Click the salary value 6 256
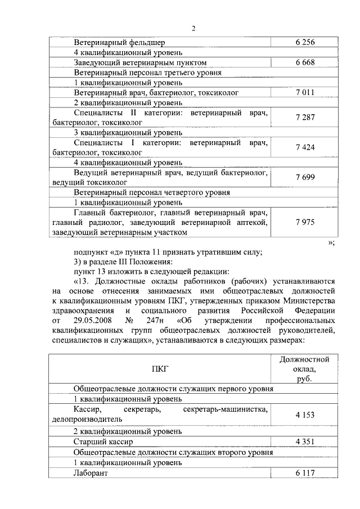pos(304,42)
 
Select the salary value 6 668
pos(304,62)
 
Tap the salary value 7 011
pos(304,92)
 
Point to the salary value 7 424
pos(304,147)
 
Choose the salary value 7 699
pos(304,177)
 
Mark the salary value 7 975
pos(304,222)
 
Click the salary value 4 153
pos(304,415)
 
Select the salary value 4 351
pos(304,442)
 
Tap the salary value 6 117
pos(304,473)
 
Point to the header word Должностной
pos(304,359)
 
